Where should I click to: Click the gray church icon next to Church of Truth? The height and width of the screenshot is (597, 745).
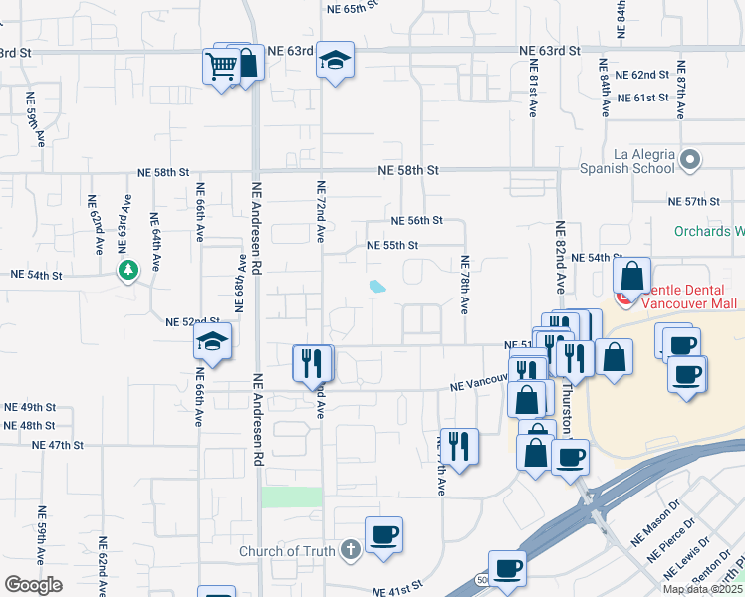coord(349,549)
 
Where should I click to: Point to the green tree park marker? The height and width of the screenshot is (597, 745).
coord(127,269)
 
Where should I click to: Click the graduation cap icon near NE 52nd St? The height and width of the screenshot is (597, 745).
coord(213,341)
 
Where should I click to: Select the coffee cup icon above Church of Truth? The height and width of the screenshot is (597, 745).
coord(383,535)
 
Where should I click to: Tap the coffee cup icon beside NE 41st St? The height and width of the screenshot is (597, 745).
coord(507,569)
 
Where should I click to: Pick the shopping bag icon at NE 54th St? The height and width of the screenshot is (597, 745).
coord(632,277)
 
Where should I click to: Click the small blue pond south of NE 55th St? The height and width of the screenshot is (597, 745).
coord(377,287)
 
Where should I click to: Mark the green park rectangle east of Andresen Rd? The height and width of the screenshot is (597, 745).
coord(292,497)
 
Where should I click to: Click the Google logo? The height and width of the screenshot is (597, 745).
coord(34,584)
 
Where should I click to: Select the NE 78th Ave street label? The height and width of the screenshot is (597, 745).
coord(465,285)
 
